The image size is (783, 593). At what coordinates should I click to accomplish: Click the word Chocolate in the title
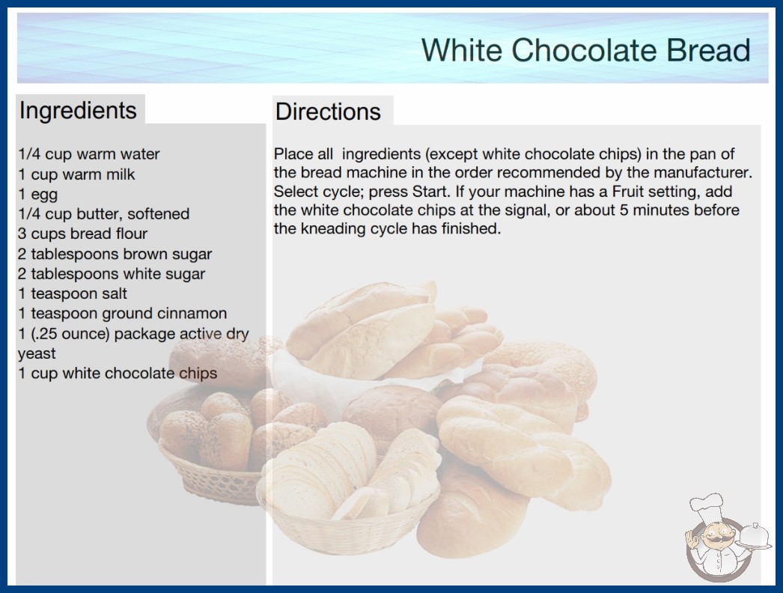[583, 50]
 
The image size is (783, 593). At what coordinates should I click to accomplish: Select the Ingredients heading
[78, 111]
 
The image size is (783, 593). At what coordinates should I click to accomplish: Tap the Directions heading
[328, 112]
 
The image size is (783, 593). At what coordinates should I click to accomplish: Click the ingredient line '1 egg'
[38, 195]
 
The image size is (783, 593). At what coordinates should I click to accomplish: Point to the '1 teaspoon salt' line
[73, 294]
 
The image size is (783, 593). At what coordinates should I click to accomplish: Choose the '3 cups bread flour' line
[83, 234]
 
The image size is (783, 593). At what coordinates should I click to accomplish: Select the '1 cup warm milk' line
[76, 174]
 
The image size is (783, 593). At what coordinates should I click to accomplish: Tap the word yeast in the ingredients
[37, 354]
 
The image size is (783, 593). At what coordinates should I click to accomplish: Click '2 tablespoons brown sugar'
[115, 254]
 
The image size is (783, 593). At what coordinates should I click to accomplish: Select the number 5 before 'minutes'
[624, 210]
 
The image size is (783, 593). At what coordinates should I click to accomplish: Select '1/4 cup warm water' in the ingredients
[89, 154]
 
